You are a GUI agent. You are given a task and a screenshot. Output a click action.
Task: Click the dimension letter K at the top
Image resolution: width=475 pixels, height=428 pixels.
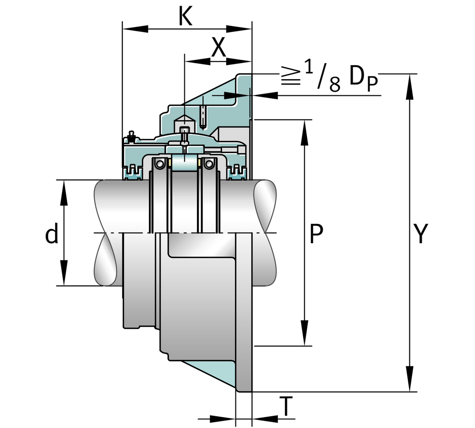[x=185, y=17]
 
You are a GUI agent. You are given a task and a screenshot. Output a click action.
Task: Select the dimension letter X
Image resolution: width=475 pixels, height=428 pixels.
[x=218, y=48]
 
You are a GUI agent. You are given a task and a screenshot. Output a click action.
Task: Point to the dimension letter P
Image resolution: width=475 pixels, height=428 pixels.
[x=316, y=234]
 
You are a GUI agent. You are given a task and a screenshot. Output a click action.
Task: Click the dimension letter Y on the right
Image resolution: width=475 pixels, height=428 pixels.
[x=420, y=234]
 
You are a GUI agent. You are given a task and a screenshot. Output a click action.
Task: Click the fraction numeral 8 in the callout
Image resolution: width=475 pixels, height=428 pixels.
[x=334, y=84]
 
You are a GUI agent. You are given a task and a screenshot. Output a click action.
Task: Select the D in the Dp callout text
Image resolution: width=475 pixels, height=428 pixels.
[x=357, y=77]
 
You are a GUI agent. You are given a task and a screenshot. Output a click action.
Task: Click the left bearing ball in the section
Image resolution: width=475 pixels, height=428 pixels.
[x=159, y=163]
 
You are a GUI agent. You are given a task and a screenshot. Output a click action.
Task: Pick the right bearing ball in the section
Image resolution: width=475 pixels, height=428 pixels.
[x=209, y=163]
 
